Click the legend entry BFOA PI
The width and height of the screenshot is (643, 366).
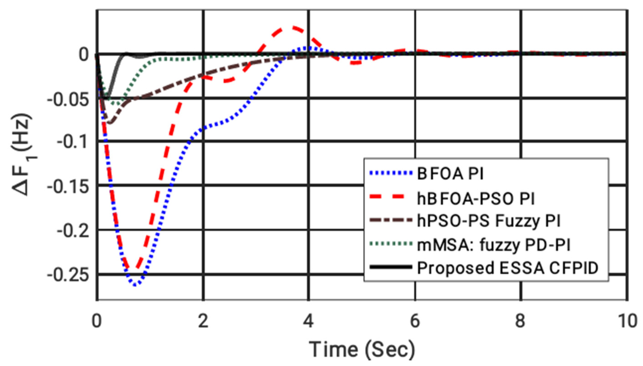click(450, 174)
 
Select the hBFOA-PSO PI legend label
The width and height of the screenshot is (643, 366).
click(476, 199)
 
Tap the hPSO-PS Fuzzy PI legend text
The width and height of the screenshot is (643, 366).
click(488, 221)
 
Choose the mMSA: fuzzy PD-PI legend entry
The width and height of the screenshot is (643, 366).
click(493, 245)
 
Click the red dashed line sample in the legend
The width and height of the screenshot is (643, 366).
click(391, 197)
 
